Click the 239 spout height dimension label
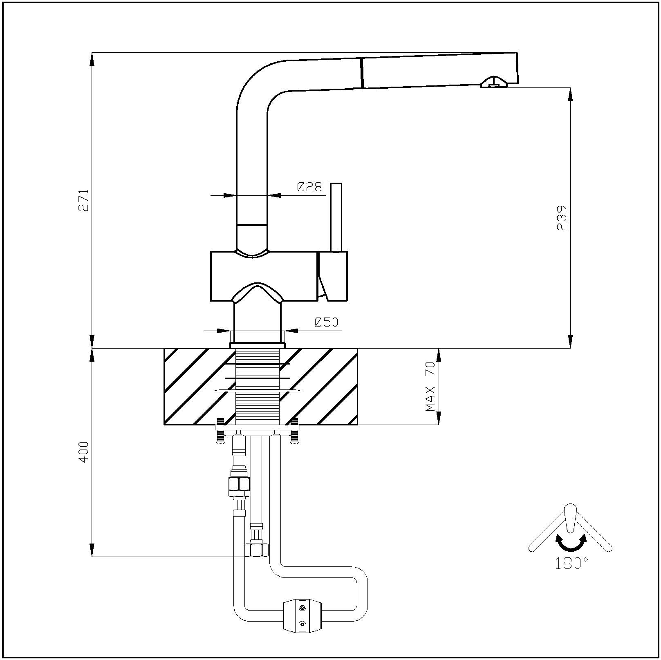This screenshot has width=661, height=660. (562, 218)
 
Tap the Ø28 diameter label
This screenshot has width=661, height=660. (309, 187)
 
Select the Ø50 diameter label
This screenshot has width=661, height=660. (327, 322)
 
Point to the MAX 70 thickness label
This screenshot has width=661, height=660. (430, 386)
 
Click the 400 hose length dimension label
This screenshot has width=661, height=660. (83, 452)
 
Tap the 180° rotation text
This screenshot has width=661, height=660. (571, 564)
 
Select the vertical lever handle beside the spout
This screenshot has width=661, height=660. (336, 217)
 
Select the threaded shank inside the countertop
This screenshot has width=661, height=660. (258, 386)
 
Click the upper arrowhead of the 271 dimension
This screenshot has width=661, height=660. (92, 59)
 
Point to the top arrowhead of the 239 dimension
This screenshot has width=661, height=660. (571, 94)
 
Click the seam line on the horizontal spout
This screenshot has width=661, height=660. (362, 73)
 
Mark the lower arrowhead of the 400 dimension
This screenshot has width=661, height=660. (92, 550)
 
